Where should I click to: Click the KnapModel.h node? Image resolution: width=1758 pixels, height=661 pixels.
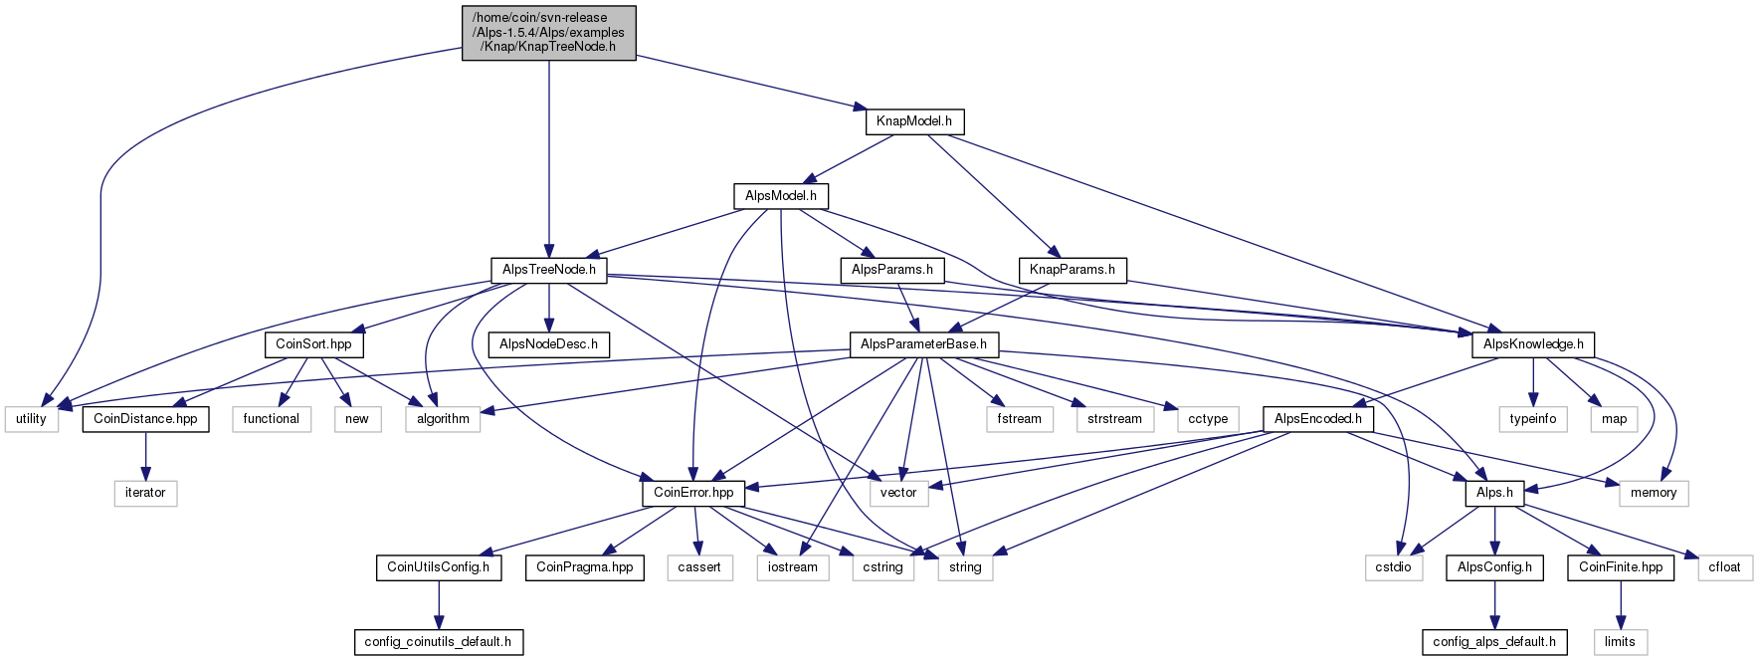(914, 121)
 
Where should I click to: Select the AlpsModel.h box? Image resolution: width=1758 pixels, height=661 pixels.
(781, 196)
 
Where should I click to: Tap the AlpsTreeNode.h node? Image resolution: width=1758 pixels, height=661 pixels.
(549, 270)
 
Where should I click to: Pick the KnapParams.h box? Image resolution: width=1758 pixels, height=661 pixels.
(1073, 270)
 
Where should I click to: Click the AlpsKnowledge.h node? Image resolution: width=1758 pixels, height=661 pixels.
(1533, 344)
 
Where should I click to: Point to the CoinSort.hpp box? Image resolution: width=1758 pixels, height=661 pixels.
(313, 344)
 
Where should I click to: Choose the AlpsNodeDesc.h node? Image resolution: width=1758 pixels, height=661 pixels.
(548, 344)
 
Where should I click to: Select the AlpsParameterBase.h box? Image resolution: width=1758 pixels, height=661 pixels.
(923, 344)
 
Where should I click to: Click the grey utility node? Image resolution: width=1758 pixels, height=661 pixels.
(31, 419)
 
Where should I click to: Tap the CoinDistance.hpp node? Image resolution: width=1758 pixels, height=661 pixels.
(145, 419)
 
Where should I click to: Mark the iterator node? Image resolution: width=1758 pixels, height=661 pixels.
(145, 493)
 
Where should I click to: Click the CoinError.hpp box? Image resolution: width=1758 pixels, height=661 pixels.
(693, 493)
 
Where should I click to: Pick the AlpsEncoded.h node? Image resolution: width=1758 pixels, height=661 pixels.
(1318, 419)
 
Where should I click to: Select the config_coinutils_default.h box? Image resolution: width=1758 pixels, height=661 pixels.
(438, 642)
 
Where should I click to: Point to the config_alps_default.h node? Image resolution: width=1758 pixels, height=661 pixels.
(1494, 642)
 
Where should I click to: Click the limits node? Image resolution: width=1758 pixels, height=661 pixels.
(1620, 642)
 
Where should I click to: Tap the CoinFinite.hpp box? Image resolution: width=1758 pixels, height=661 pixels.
(1621, 567)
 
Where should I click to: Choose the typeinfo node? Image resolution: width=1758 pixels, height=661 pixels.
(1533, 419)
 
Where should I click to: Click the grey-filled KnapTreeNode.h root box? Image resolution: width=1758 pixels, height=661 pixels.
(549, 33)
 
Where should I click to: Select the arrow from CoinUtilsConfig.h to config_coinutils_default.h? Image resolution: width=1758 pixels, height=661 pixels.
(438, 604)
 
